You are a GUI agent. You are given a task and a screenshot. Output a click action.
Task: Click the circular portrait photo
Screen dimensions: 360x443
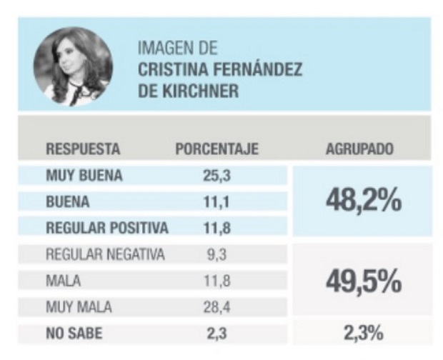click(73, 66)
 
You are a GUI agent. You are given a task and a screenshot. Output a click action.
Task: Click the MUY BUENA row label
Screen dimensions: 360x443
click(84, 175)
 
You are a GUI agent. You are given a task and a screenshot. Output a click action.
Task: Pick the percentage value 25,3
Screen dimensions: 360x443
click(216, 175)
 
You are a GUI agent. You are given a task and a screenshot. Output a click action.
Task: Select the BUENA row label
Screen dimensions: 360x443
click(67, 201)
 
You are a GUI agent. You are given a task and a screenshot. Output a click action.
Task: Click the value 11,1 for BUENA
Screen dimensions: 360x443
click(216, 201)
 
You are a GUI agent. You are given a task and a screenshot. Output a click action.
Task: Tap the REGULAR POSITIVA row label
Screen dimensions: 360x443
click(106, 228)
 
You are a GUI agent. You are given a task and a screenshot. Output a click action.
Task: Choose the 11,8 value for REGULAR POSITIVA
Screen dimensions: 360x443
click(216, 228)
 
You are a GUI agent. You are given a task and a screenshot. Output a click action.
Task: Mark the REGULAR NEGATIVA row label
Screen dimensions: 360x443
click(105, 254)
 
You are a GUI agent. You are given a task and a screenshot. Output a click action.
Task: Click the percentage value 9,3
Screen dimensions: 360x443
click(216, 254)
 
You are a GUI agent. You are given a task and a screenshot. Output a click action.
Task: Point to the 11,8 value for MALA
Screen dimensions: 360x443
click(216, 281)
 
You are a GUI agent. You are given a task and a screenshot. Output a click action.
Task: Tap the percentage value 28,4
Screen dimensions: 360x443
click(216, 307)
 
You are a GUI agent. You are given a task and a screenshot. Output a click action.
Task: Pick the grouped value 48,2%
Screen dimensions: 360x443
click(363, 202)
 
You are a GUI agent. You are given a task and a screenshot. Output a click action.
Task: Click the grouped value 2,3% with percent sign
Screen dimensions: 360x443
click(362, 333)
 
